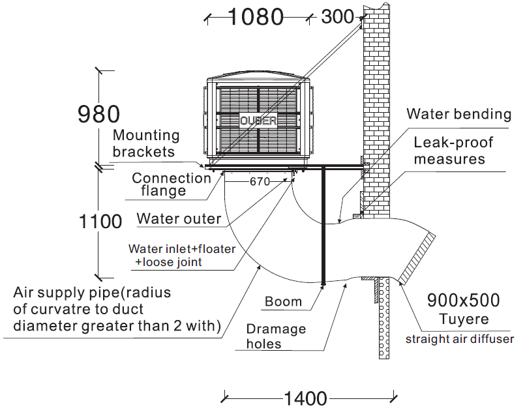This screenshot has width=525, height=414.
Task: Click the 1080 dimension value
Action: tap(256, 17)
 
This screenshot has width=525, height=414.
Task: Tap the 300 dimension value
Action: tap(338, 17)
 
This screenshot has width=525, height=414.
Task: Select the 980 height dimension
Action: tap(98, 114)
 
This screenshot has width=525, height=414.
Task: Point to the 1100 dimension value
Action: tap(100, 222)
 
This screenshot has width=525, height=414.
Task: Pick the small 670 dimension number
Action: tap(259, 182)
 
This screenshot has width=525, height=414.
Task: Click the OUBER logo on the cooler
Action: tap(258, 121)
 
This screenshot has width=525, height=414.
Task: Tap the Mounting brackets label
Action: tap(145, 143)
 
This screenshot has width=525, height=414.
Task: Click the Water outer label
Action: tap(179, 218)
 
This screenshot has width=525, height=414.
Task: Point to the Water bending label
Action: tap(458, 114)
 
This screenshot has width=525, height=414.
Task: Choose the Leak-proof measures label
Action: tap(453, 151)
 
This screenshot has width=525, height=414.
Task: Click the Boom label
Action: tap(283, 301)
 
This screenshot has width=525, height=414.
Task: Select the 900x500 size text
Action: tap(463, 301)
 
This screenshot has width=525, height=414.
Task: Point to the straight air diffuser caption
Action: tap(460, 338)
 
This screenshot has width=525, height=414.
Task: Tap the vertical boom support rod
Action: tap(323, 225)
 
